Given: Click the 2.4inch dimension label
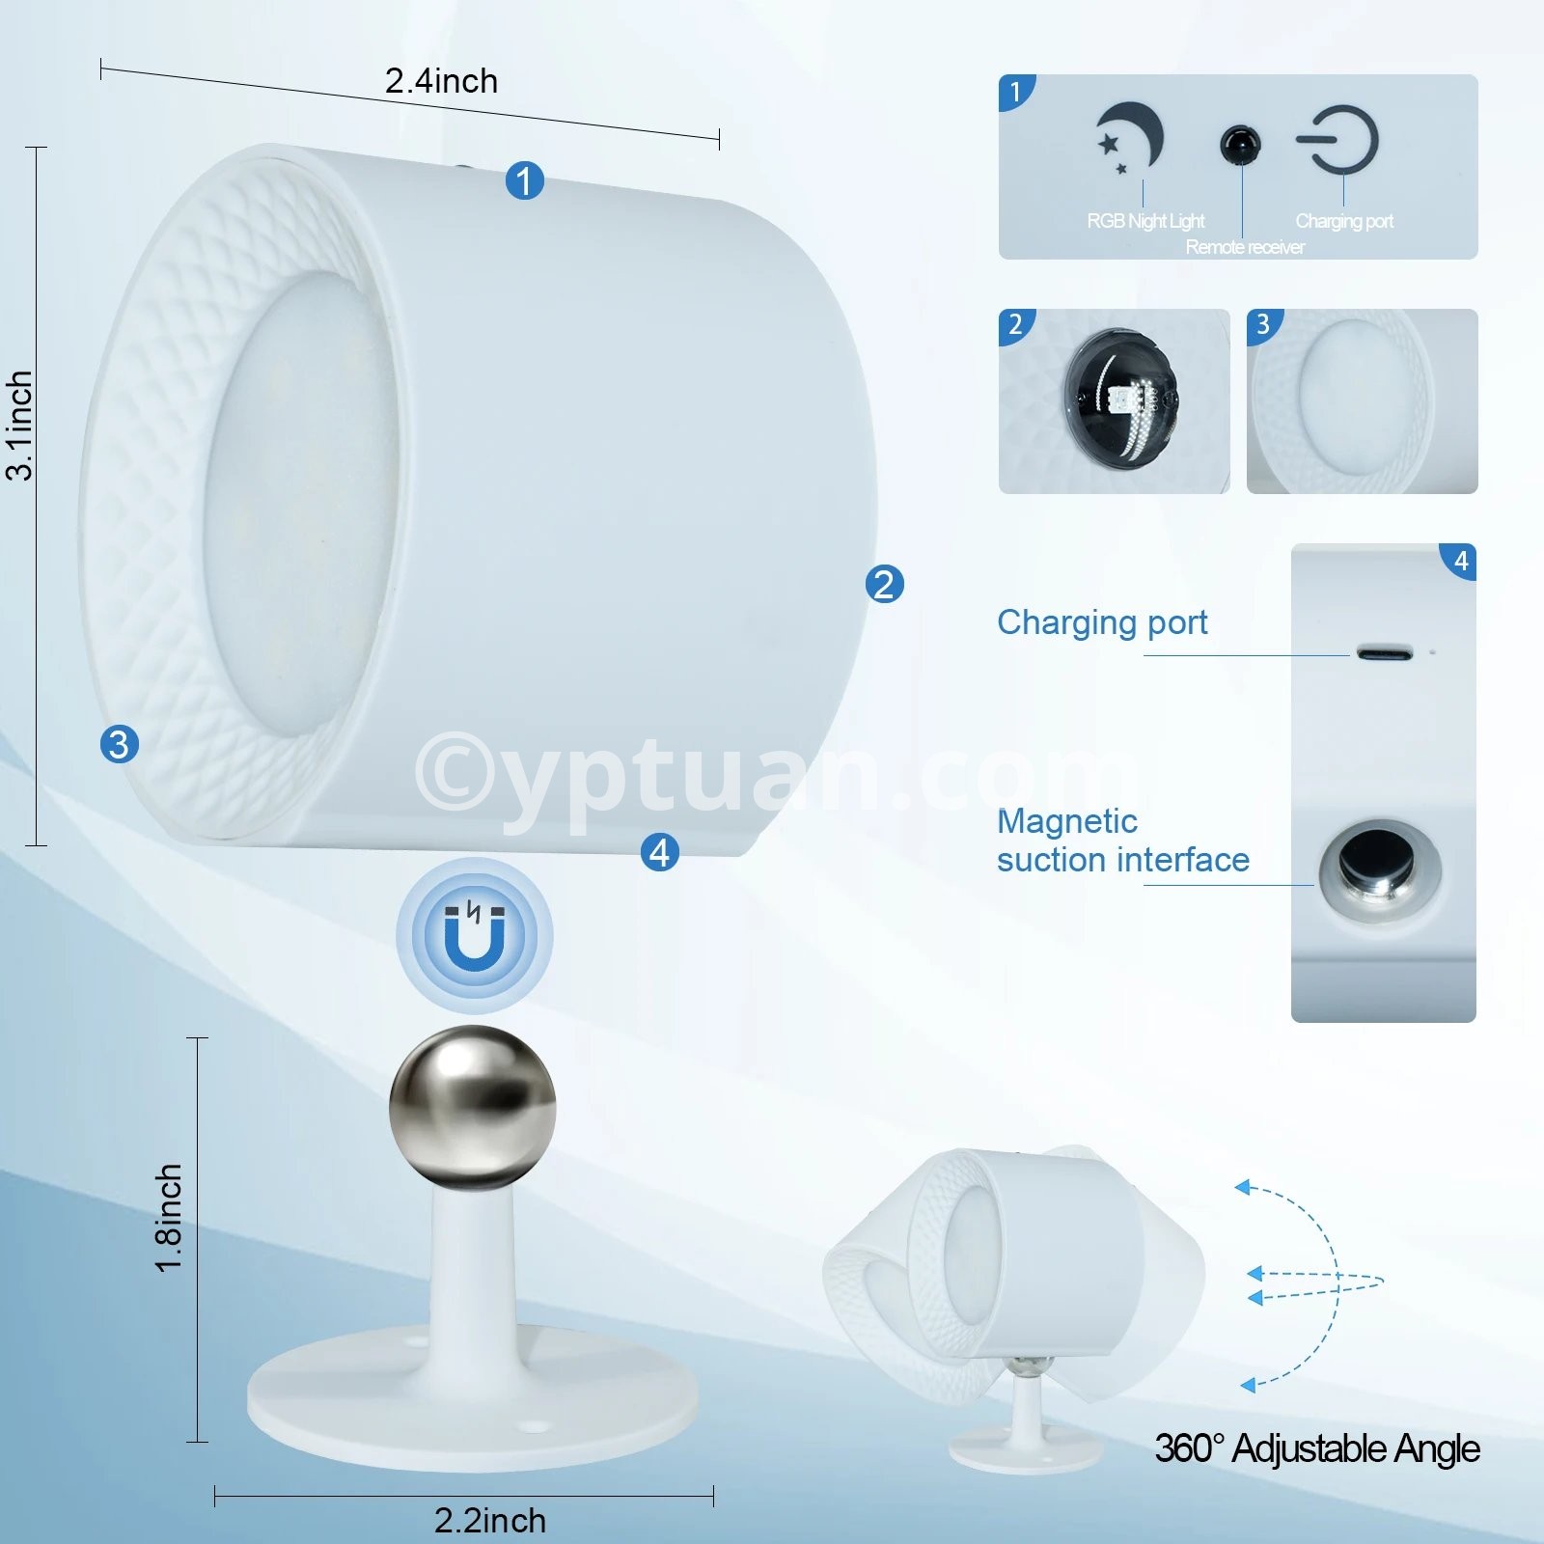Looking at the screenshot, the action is coord(441,81).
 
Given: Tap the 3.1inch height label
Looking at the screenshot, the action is coord(19,426).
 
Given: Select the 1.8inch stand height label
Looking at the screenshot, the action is coord(169,1218).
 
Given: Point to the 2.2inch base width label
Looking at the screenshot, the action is coord(490,1521).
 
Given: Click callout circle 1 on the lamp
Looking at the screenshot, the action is coord(525,180).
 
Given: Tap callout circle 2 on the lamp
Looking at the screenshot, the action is coord(885,584).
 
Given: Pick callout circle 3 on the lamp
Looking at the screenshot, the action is coord(120,744).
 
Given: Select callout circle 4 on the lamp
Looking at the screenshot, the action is coord(660,852).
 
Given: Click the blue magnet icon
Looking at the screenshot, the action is coord(474,935).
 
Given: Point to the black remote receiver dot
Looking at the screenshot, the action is coord(1240,145).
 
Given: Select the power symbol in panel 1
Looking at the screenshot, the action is coord(1338,141).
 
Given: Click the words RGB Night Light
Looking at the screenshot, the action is coord(1146,221).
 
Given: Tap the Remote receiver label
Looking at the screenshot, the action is coord(1245,247).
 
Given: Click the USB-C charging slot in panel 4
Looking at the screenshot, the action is coord(1385,652).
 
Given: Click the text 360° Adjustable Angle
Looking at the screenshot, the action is coord(1317,1448).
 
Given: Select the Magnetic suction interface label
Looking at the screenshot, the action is coord(1123,841).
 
